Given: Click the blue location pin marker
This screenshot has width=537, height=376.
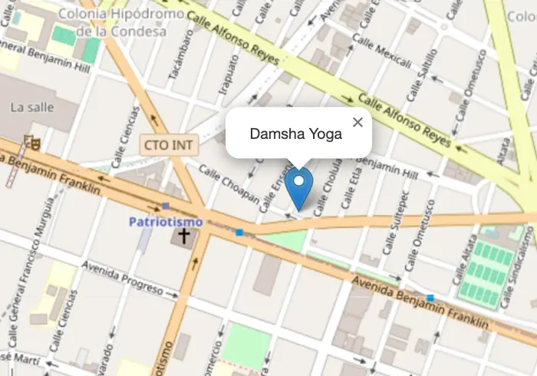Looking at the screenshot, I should pyautogui.click(x=298, y=186).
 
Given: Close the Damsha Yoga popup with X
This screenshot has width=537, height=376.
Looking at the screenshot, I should pyautogui.click(x=357, y=122).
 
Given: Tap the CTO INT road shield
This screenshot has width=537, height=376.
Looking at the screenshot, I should pyautogui.click(x=170, y=143).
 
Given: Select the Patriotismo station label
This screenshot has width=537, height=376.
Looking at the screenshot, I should pyautogui.click(x=166, y=222).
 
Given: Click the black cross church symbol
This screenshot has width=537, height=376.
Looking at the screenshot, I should pyautogui.click(x=183, y=235).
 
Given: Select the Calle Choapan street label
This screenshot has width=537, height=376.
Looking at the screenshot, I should pyautogui.click(x=229, y=184).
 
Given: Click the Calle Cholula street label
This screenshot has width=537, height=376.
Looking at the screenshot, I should pyautogui.click(x=324, y=185).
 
